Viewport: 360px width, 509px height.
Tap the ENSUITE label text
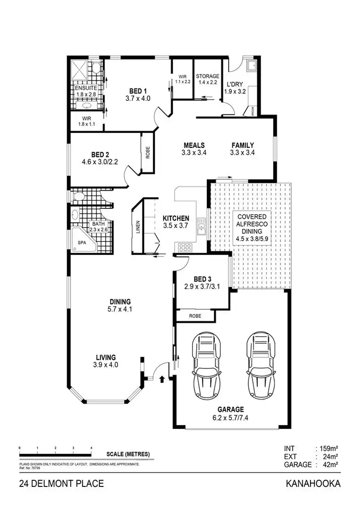point(85,88)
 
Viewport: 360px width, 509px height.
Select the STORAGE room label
point(207,76)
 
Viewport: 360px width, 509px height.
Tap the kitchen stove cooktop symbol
point(185,248)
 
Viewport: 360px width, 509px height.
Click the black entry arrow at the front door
point(161,379)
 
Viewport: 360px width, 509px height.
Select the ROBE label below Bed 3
point(195,316)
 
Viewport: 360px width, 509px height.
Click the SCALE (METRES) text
point(128,454)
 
